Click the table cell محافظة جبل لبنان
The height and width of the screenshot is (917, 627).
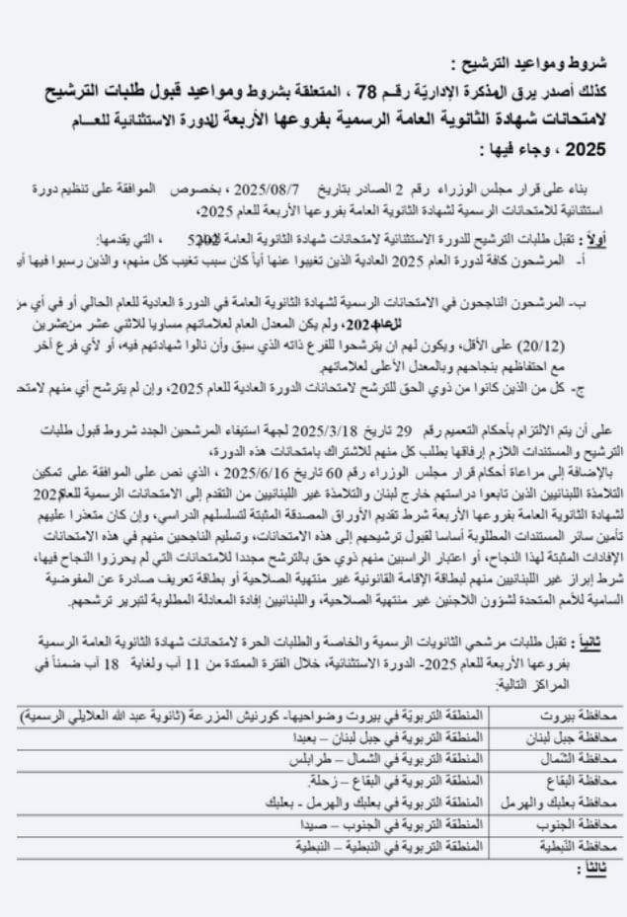(x=566, y=736)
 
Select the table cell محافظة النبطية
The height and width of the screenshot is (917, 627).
(x=573, y=846)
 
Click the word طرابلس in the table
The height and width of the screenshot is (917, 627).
(x=308, y=757)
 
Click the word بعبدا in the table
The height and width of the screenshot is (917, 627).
(x=309, y=736)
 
